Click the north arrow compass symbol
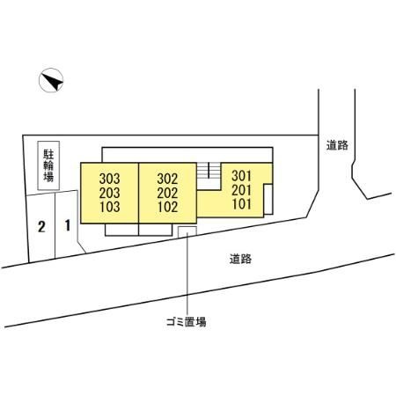(51, 80)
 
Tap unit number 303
(109, 179)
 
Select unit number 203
(109, 193)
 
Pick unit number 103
(109, 207)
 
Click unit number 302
(167, 179)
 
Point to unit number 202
(167, 193)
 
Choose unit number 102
(167, 207)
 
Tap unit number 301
(242, 176)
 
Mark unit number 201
(242, 190)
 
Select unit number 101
(242, 204)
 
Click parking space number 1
(68, 225)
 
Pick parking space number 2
(41, 227)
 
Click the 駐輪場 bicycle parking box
(48, 165)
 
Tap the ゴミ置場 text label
(187, 322)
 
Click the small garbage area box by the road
(187, 231)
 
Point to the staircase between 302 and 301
(209, 177)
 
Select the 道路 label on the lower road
(240, 259)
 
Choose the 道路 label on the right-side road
(337, 145)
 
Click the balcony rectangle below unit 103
(121, 230)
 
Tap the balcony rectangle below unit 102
(155, 230)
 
